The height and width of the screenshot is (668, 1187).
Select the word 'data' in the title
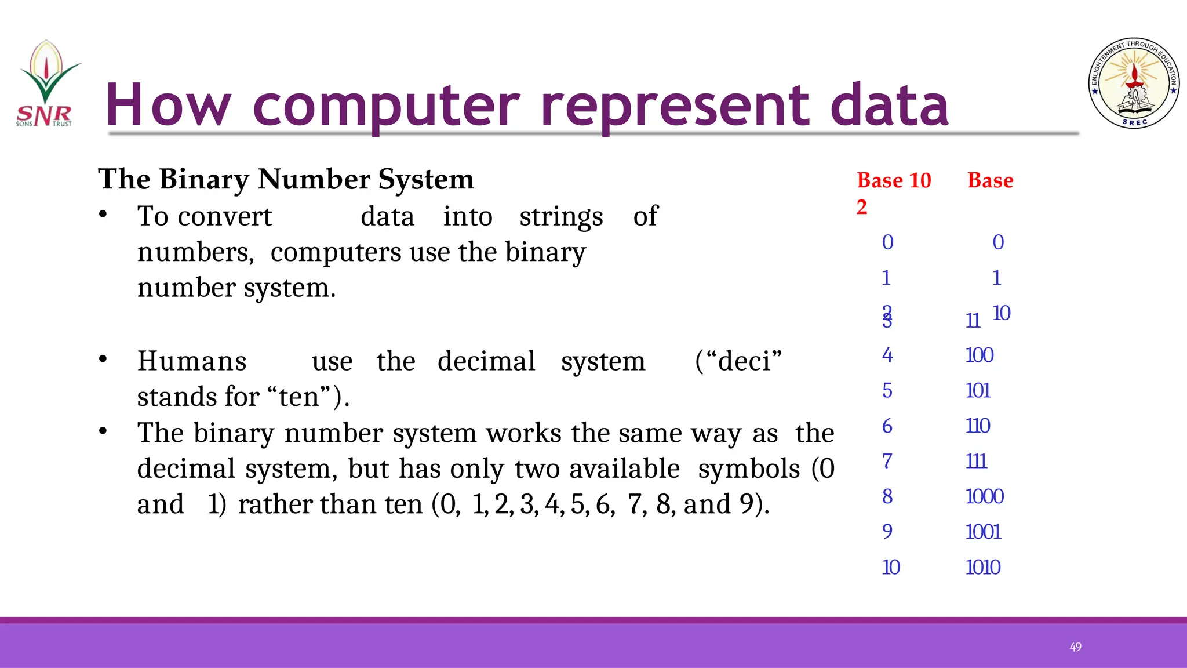click(889, 106)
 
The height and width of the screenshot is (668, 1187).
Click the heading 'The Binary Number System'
click(286, 179)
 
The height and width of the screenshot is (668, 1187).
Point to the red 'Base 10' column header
click(894, 180)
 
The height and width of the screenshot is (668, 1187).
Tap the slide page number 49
click(1075, 647)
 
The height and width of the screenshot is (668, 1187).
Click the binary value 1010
click(983, 567)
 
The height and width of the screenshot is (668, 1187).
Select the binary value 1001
click(983, 532)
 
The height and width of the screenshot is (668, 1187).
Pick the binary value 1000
click(984, 496)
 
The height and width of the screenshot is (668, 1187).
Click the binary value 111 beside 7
click(976, 461)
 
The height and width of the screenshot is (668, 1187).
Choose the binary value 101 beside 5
click(978, 390)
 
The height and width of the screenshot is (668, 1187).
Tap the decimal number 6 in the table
click(887, 426)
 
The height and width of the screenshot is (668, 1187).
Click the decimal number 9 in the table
click(887, 532)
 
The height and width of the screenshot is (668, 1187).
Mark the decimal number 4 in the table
click(887, 355)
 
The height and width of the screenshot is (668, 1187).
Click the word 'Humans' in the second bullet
click(192, 361)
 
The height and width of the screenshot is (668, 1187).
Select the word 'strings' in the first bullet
click(561, 217)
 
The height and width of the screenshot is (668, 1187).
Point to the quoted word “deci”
click(738, 361)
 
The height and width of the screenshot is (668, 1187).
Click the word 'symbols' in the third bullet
click(748, 469)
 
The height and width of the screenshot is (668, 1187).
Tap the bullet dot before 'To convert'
click(103, 215)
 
